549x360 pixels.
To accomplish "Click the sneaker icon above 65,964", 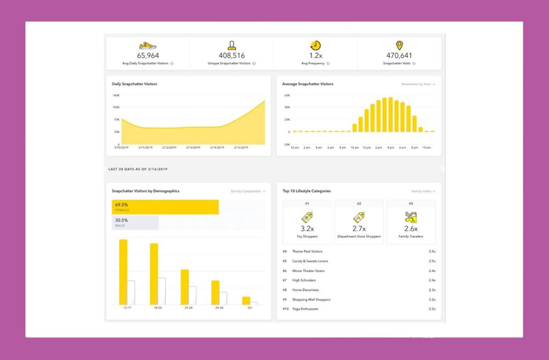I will coord(148,46).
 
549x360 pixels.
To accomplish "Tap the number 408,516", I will coord(232,55).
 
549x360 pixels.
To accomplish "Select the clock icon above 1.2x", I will coord(315,46).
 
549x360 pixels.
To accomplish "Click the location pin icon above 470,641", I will coord(399,46).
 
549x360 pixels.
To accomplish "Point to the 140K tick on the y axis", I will coord(116,95).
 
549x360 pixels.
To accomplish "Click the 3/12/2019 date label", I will coord(169,148).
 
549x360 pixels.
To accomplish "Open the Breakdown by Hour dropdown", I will coord(418,84).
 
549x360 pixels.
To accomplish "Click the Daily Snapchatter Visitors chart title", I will coord(134,84).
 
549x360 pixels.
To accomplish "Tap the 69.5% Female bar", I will coord(165,207).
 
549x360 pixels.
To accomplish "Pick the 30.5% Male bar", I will coord(135,223).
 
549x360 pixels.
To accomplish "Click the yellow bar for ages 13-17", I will coord(123,272).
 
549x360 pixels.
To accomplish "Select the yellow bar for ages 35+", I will coord(246,300).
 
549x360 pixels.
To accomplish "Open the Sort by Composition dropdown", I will coord(248,191).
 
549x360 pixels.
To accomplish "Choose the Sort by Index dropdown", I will coord(423,191).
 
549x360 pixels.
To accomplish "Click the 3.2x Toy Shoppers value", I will coord(307,229).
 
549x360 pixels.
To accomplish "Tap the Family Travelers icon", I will coord(411,217).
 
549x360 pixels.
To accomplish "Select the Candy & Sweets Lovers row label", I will coord(310,261).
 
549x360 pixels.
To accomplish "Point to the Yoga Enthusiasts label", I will coord(305,309).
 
